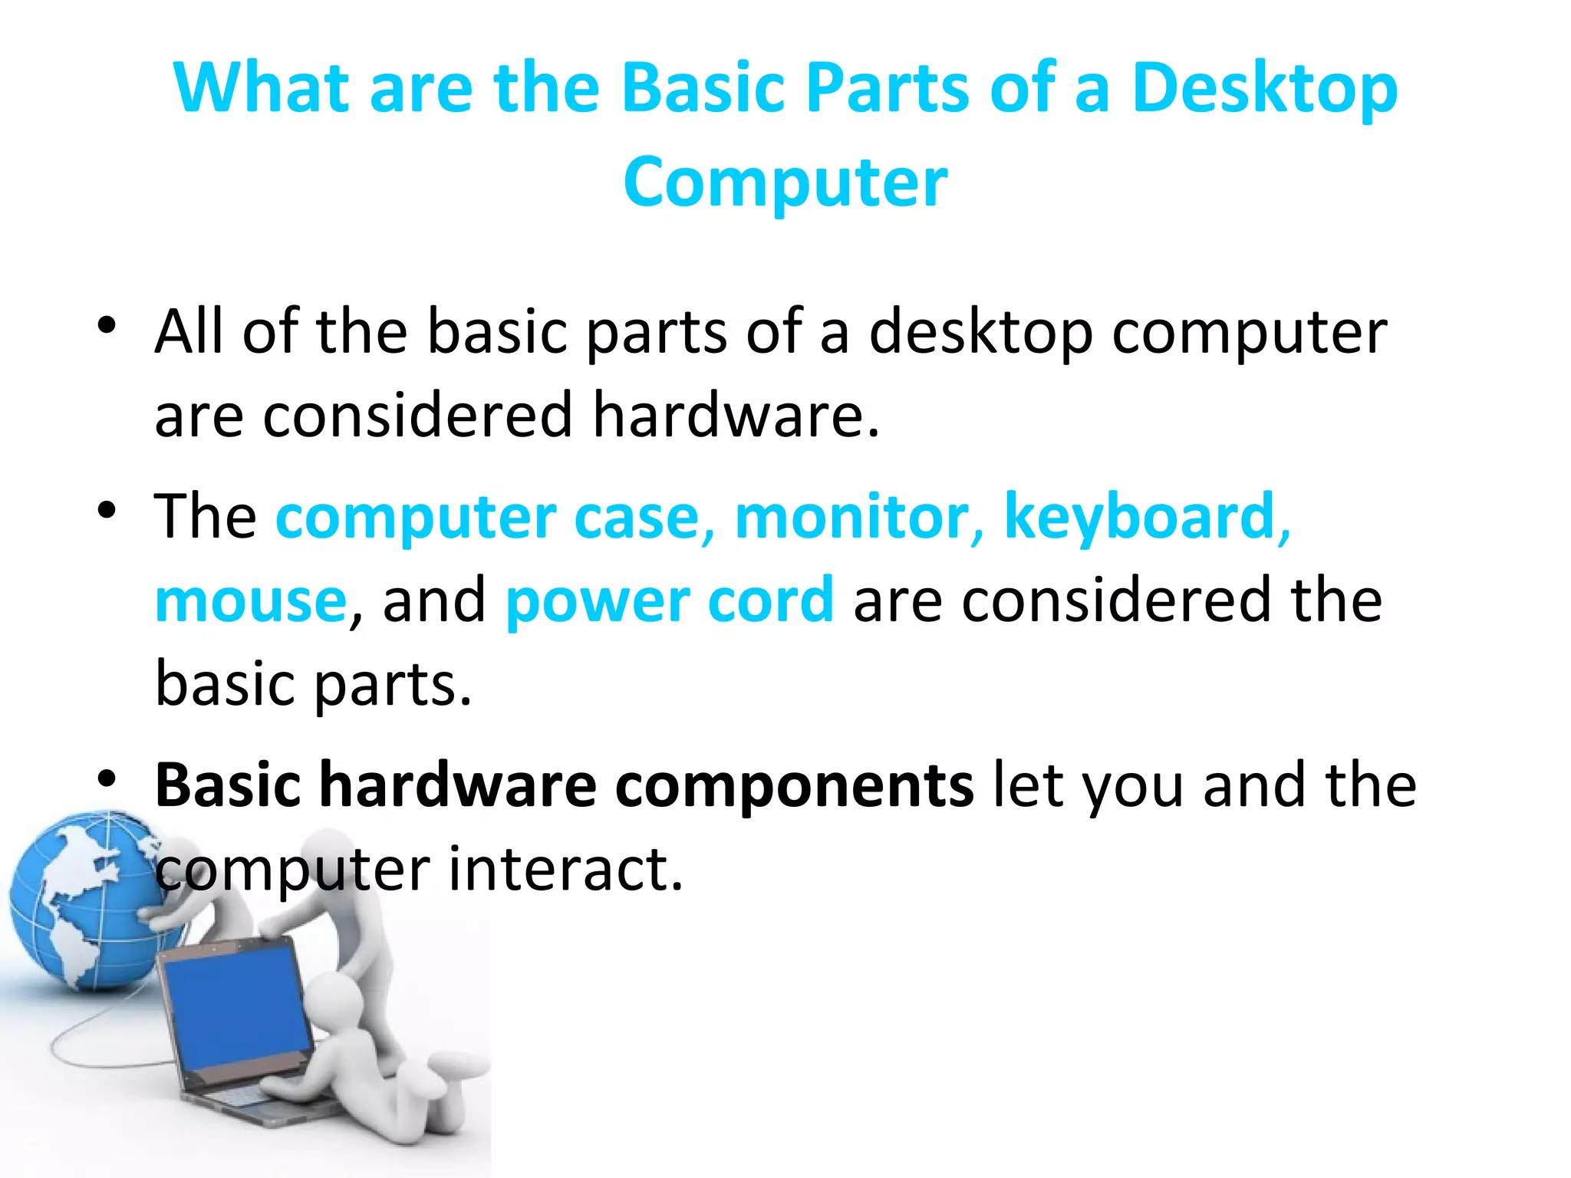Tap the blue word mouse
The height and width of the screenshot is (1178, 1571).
coord(251,601)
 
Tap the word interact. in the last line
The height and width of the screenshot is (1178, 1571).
coord(565,870)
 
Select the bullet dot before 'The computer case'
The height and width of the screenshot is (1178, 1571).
coord(107,510)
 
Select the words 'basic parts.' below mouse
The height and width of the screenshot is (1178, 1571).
coord(313,684)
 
